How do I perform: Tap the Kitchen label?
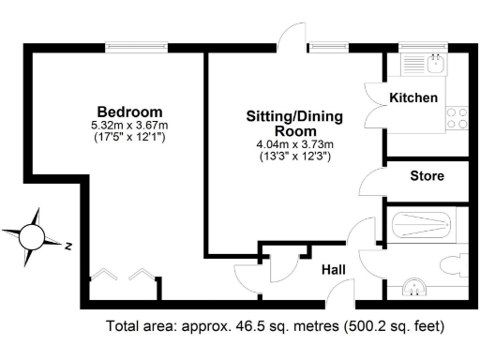[x=413, y=97]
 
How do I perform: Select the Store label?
[x=427, y=175]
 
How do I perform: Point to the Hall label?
[x=334, y=269]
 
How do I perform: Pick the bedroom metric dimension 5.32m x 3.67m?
[x=129, y=126]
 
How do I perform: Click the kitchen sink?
[x=434, y=65]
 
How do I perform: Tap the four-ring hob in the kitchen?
[x=457, y=118]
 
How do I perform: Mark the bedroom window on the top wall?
[x=137, y=45]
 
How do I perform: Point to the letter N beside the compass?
[x=68, y=247]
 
